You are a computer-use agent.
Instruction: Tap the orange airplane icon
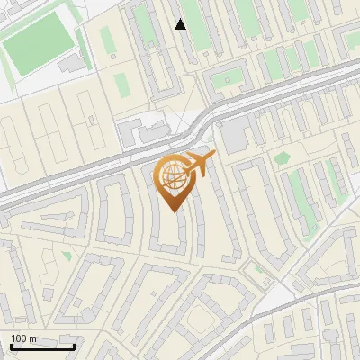click(197, 165)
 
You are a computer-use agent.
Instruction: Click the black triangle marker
click(181, 24)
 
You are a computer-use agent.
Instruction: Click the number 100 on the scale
click(19, 338)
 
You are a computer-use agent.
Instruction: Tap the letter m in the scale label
click(33, 338)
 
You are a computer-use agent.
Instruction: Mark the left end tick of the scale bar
click(10, 346)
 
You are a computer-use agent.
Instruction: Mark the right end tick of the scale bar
click(75, 346)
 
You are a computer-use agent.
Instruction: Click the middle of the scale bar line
click(42, 347)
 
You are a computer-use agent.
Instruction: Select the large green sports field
click(40, 45)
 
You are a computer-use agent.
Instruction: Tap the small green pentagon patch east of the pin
click(283, 158)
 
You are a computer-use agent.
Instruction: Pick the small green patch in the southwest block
click(67, 256)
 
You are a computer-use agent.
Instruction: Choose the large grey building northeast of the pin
click(237, 136)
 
